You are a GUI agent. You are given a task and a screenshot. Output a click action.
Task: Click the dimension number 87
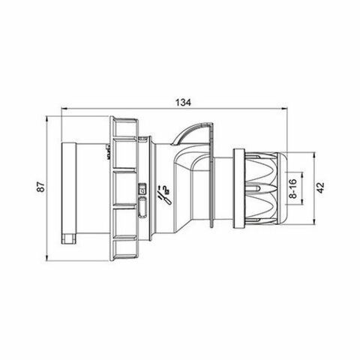[42, 186]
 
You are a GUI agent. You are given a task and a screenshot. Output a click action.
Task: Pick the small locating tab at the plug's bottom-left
[70, 238]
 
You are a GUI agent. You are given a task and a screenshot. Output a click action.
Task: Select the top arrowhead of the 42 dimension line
[309, 155]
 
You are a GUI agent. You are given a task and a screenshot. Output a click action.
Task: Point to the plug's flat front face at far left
[67, 187]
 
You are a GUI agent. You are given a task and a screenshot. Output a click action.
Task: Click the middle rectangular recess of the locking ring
[122, 187]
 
